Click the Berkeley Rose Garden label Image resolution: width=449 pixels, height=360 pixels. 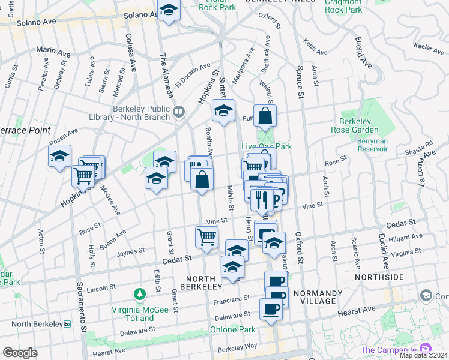click(359, 125)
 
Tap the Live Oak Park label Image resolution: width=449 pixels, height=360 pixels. click(266, 146)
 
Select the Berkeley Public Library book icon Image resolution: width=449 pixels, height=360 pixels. click(178, 112)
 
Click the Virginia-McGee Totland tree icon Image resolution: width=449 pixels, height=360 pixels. click(140, 293)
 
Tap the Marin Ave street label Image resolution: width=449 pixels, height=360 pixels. click(53, 53)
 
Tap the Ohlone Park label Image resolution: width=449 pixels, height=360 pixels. click(232, 329)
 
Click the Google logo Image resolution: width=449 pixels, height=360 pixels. click(20, 353)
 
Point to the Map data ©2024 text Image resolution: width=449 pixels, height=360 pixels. click(423, 355)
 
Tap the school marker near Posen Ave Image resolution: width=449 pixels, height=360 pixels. click(59, 156)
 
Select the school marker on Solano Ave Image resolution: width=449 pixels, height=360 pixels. click(169, 10)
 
